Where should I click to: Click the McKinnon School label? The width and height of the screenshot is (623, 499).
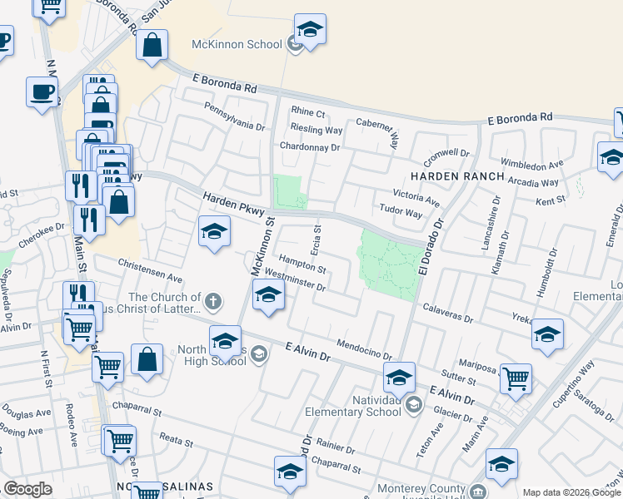(x=237, y=44)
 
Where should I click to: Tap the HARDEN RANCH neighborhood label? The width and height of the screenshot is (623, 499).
(x=456, y=176)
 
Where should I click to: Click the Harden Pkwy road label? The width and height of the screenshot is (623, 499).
(x=229, y=204)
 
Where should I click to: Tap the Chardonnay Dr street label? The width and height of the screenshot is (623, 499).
(x=310, y=147)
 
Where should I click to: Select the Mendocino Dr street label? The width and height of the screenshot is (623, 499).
(x=364, y=350)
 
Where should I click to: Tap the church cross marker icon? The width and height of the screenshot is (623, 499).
(x=213, y=301)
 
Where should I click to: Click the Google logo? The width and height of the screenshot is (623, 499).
(x=27, y=489)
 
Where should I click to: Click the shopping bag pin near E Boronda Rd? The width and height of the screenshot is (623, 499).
(x=152, y=48)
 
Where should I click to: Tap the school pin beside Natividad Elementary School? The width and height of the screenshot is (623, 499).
(x=399, y=378)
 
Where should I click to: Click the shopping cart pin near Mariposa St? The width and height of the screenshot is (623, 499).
(x=516, y=378)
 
